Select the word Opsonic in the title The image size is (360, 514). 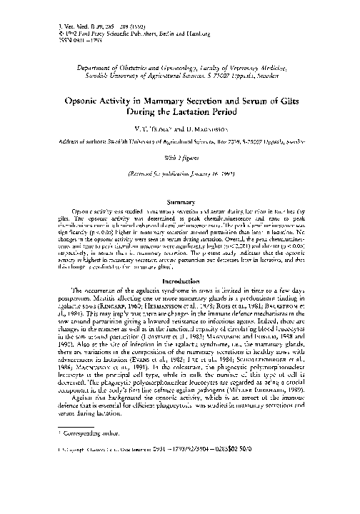pos(92,102)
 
